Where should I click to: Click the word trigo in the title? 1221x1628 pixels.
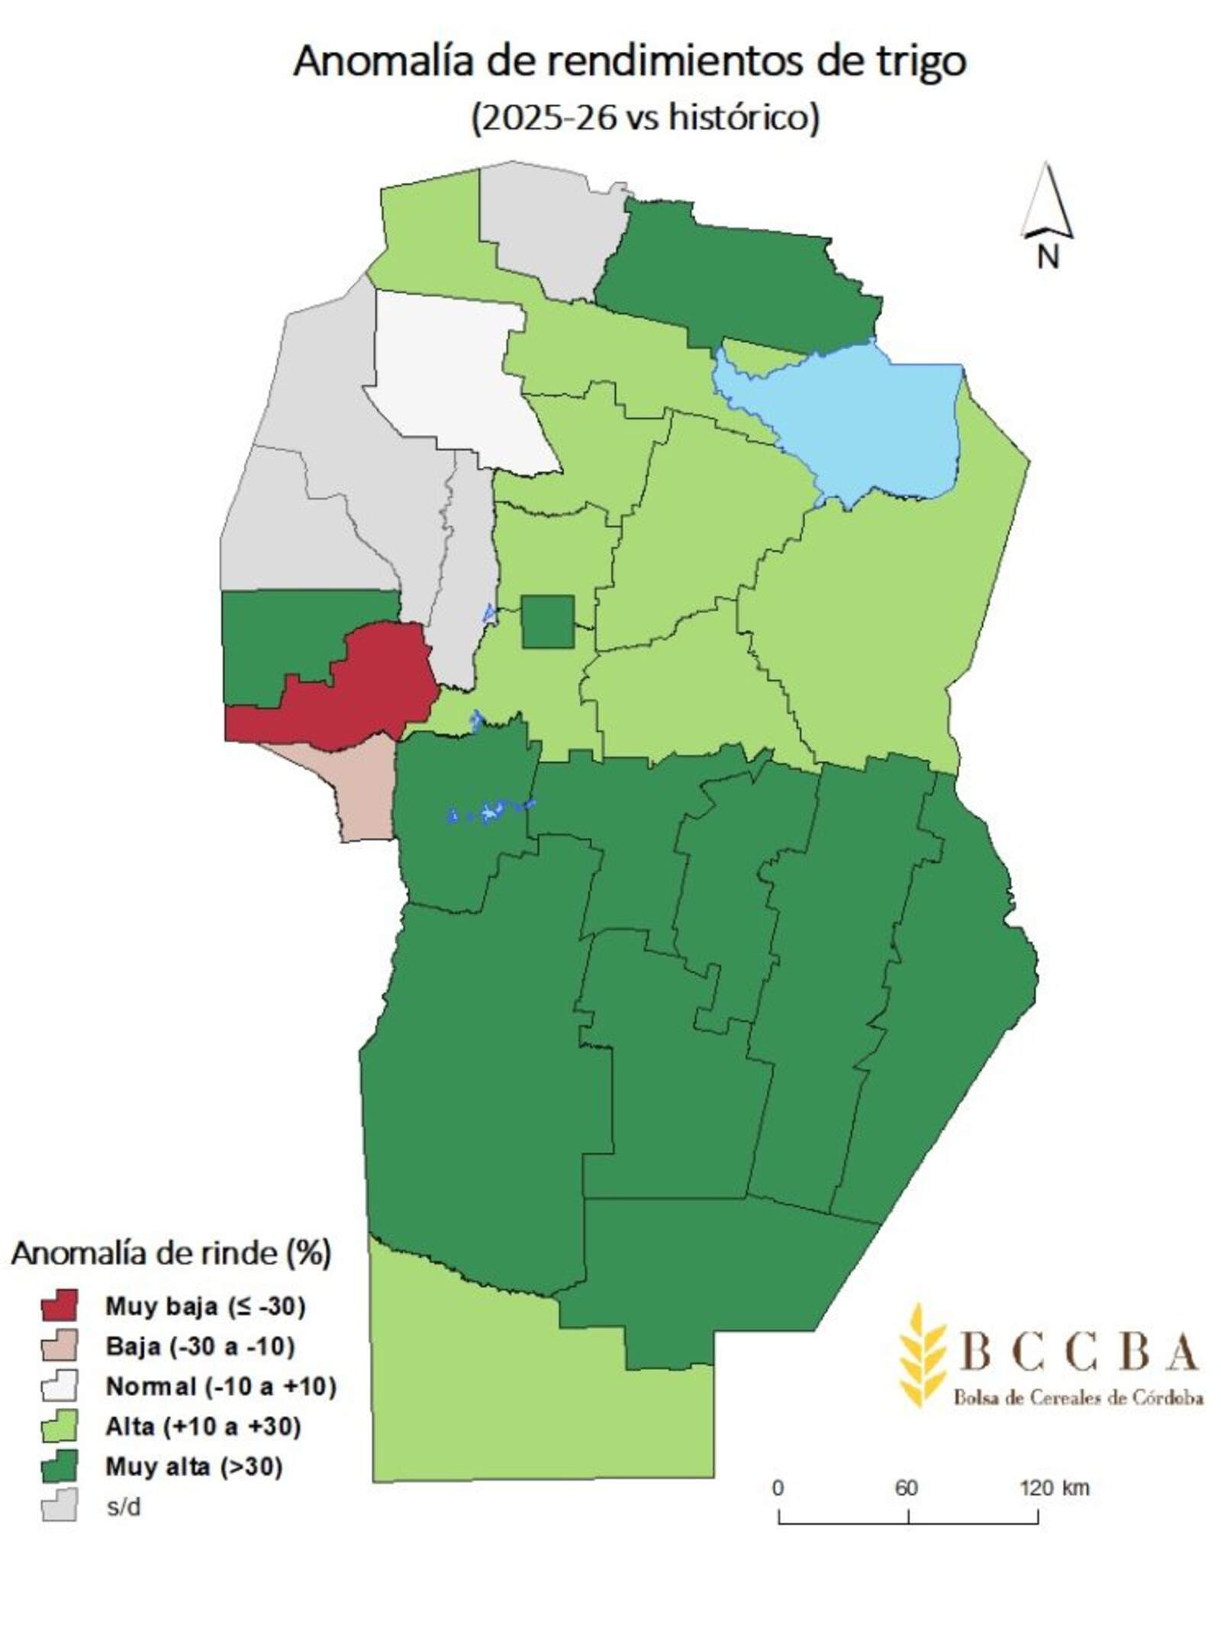pos(920,63)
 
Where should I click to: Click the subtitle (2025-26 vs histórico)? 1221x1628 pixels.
pos(645,118)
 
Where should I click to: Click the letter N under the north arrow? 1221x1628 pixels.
pos(1048,256)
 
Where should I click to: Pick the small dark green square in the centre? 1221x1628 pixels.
pos(547,622)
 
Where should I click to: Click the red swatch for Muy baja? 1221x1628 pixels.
pos(59,1306)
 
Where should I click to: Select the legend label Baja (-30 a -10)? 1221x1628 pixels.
pos(200,1346)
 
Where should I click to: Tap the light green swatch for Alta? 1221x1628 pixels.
pos(59,1427)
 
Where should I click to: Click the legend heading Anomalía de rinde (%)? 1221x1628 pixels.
pos(171,1253)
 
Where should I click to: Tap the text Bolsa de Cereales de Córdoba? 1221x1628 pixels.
pos(1078,1398)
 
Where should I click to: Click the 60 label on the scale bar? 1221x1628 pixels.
pos(906,1488)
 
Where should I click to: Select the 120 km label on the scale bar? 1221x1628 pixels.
pos(1054,1488)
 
